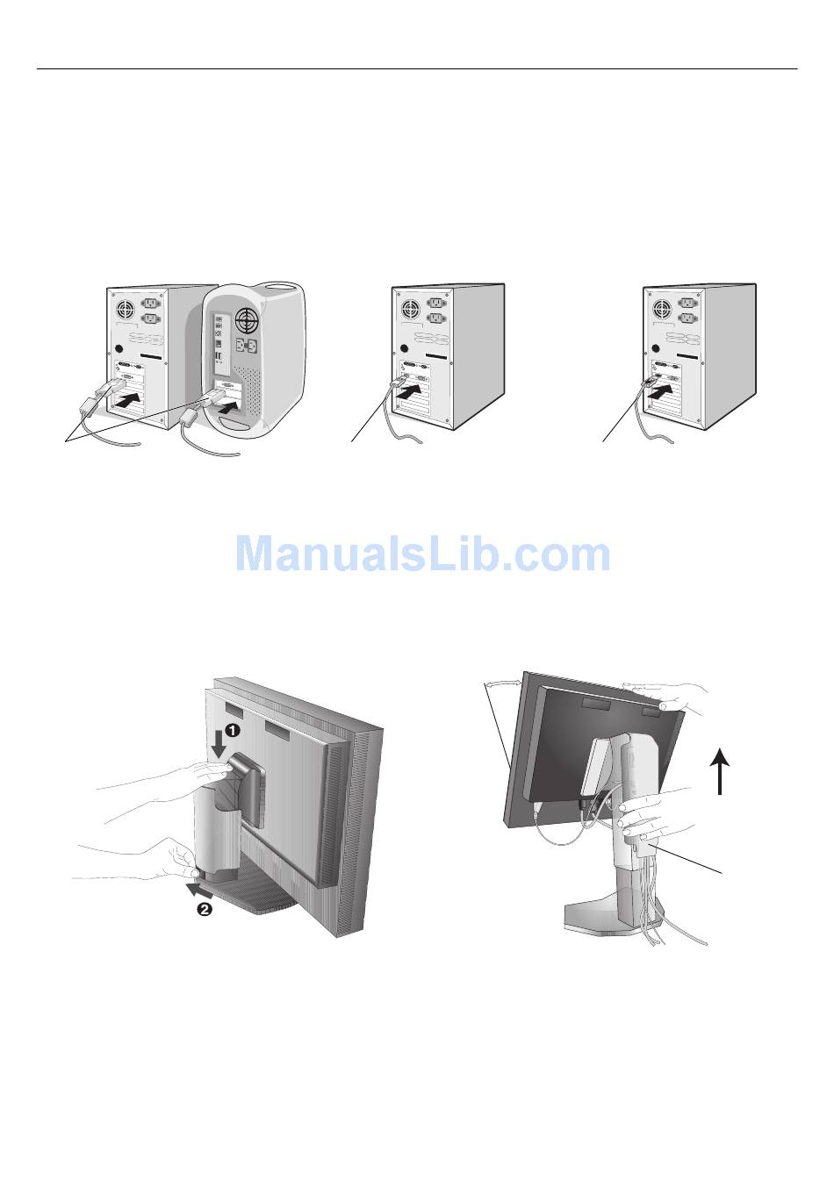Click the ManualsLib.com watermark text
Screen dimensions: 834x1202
point(422,554)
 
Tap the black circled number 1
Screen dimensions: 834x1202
point(230,729)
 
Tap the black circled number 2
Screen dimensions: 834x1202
point(204,910)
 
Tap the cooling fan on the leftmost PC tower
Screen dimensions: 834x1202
point(123,309)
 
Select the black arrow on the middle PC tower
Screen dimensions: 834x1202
point(413,392)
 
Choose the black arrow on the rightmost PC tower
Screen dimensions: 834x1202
point(665,387)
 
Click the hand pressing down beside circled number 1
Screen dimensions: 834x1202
point(176,776)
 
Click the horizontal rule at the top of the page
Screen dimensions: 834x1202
point(417,68)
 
